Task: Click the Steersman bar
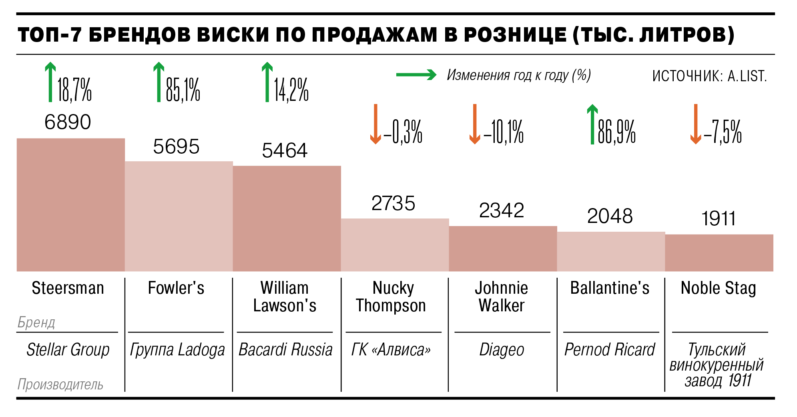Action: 70,204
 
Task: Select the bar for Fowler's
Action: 179,216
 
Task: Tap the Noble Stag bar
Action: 719,253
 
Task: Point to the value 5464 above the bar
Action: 285,151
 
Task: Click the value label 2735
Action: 393,203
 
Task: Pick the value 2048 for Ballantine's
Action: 610,216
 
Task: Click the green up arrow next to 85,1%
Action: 159,82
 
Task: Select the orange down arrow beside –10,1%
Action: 474,124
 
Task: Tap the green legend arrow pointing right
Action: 416,75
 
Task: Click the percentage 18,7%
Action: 74,90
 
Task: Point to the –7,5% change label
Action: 723,132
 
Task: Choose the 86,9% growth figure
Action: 616,132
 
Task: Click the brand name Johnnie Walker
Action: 502,297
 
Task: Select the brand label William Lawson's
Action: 285,297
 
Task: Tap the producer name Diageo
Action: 502,350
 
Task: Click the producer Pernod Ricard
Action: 610,350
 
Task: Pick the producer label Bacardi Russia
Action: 285,350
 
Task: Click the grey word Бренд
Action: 36,322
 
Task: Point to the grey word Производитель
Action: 60,385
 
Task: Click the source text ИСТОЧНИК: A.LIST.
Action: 709,76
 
